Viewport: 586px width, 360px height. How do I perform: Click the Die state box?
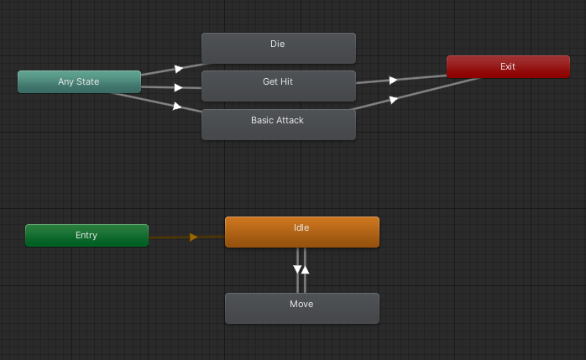278,48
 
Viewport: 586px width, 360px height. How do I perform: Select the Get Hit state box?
278,86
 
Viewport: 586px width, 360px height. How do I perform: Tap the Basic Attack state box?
278,124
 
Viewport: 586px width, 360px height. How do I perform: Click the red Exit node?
508,67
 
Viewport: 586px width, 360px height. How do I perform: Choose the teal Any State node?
79,81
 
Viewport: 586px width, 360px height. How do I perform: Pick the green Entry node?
86,235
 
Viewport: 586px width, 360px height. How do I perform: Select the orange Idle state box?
301,232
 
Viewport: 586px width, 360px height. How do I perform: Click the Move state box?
301,308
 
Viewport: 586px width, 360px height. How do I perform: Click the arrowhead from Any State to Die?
178,69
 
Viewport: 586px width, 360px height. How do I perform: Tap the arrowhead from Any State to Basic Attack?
176,106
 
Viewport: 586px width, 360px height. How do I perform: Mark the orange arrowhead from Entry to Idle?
194,237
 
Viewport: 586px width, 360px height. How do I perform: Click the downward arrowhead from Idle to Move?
297,270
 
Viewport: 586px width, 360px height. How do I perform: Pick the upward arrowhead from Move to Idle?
306,269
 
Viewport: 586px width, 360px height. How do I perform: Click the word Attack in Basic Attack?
290,120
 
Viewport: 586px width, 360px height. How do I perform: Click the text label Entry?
86,235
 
